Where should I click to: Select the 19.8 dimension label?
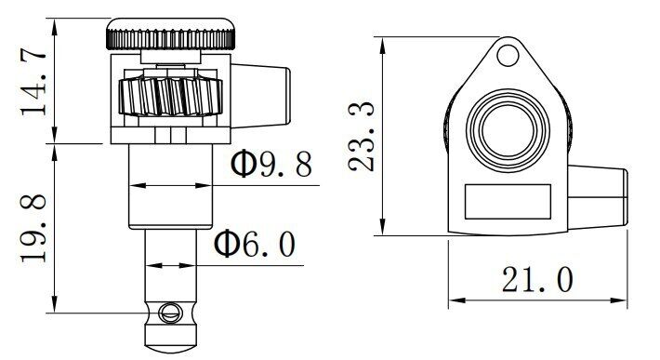(x=33, y=229)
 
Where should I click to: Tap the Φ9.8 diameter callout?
(x=271, y=164)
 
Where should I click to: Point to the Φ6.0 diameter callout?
(x=255, y=244)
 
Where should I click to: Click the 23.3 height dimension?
(x=362, y=137)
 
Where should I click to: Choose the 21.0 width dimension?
(x=537, y=279)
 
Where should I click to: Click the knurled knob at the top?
(x=170, y=34)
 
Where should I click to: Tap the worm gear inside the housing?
(x=170, y=97)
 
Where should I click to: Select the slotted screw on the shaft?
(x=170, y=313)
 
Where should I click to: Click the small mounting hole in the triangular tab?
(x=508, y=55)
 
